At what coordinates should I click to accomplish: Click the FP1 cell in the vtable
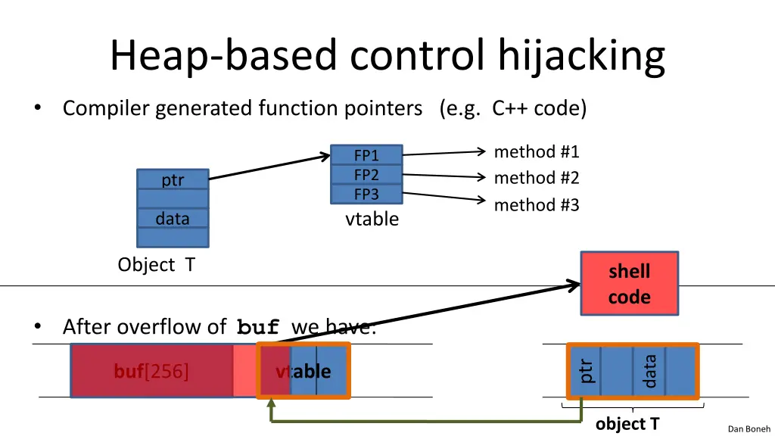coord(366,155)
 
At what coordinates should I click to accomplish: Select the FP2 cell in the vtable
coord(366,175)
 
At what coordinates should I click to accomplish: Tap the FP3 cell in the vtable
coord(366,195)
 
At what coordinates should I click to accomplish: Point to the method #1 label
coord(536,152)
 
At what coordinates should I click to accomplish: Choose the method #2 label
coord(536,179)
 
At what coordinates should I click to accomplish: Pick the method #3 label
coord(536,205)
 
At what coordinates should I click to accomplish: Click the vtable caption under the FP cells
coord(372,220)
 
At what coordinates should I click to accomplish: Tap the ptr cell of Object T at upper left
coord(173,180)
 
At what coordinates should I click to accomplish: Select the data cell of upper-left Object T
coord(173,219)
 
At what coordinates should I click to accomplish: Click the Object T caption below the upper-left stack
coord(156,266)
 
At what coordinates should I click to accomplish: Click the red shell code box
coord(629,284)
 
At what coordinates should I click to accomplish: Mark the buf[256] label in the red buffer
coord(151,372)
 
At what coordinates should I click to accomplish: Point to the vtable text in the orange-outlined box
coord(303,372)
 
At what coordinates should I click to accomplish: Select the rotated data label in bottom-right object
coord(649,371)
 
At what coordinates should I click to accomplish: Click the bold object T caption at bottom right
coord(627,424)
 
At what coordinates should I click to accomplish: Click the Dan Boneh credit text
coord(749,429)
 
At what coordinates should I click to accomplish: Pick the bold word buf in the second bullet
coord(258,328)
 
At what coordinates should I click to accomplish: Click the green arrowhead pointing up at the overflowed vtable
coord(271,405)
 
